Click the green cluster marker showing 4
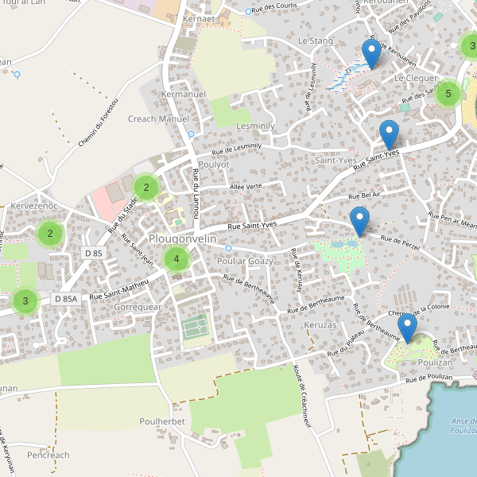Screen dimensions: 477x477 (176, 259)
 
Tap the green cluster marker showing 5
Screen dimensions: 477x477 (448, 94)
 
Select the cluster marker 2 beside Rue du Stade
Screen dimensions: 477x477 (146, 188)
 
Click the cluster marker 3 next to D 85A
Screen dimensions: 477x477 (25, 301)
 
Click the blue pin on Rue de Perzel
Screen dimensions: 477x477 (360, 221)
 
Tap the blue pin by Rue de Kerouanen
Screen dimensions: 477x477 (370, 53)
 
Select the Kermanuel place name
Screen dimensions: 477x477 (183, 95)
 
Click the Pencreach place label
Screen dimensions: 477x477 (48, 456)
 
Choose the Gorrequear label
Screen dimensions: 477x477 (138, 306)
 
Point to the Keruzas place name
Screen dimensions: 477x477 (320, 325)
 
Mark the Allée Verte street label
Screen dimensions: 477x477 (246, 187)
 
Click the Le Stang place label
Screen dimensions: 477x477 (315, 40)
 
